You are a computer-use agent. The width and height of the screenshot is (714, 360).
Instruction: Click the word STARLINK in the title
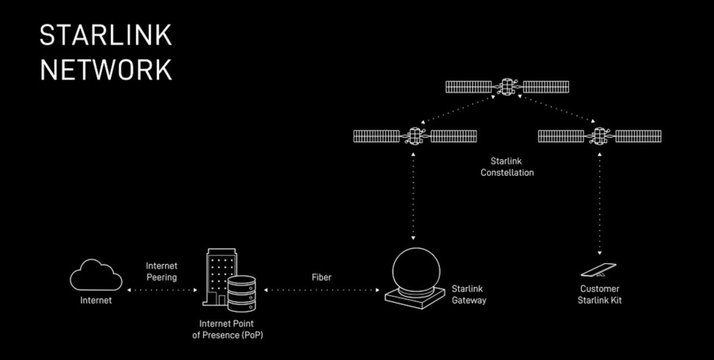coord(105,36)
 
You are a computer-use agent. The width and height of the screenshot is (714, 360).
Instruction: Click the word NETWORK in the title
coord(105,70)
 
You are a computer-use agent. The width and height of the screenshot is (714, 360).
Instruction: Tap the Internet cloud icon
coord(96,276)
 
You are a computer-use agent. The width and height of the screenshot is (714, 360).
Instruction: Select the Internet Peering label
coord(162,271)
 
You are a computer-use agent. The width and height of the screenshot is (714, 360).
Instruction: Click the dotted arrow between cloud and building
coord(162,290)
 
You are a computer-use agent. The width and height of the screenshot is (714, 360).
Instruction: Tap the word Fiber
coord(321,277)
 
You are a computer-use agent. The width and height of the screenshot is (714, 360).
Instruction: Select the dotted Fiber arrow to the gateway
coord(321,290)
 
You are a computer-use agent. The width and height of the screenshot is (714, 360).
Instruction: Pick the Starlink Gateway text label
coord(469,295)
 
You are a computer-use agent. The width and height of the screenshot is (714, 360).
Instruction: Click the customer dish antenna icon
coord(599,271)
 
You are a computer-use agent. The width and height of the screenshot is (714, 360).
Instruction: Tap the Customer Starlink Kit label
coord(600,295)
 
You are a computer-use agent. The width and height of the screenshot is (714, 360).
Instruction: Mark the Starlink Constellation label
coord(512,167)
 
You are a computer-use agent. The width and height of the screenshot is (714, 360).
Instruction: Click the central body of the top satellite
coord(508,87)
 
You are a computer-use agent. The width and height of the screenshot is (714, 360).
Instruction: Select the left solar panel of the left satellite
coord(376,136)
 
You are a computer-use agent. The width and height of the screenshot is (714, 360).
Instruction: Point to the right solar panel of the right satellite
coord(638,136)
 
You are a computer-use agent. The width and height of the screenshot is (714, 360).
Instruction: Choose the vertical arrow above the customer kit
coord(599,202)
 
